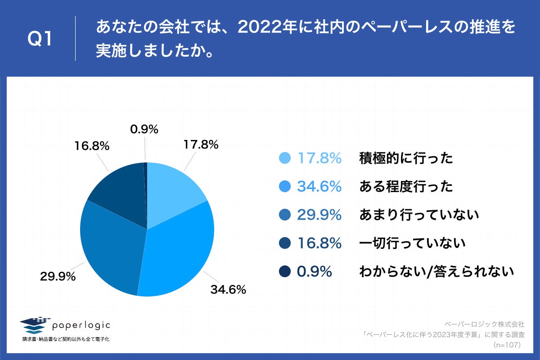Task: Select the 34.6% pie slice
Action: pos(180,252)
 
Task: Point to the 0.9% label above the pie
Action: pos(144,130)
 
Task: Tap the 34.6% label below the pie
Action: pos(228,290)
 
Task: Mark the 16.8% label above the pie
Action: pos(92,146)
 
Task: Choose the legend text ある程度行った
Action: pos(406,187)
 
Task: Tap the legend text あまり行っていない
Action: pos(418,215)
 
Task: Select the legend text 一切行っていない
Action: pos(412,243)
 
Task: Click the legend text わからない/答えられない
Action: pos(436,272)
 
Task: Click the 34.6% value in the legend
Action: pos(319,187)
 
